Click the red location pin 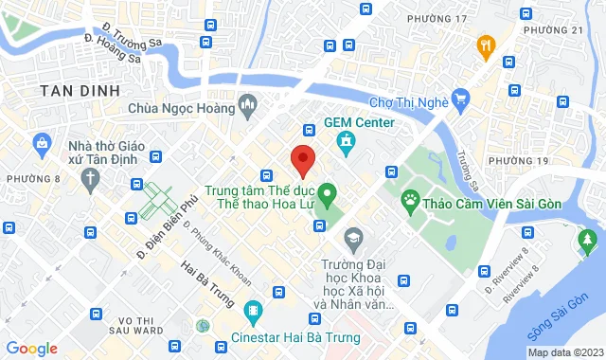[302, 160]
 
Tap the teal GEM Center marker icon [346, 142]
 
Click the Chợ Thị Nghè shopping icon [461, 97]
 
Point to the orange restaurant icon [487, 44]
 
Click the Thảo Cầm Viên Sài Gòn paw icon [410, 198]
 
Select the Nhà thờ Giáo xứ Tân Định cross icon [88, 178]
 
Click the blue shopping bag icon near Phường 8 [42, 143]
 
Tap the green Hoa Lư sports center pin [328, 197]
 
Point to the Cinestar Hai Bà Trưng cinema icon [253, 310]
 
